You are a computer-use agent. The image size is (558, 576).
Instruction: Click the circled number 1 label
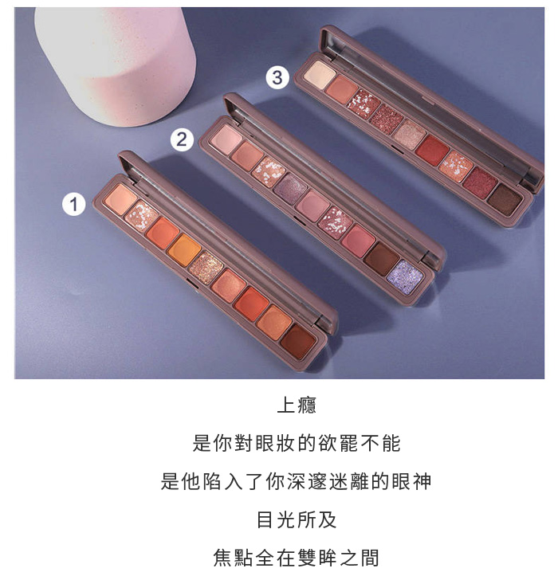coord(73,204)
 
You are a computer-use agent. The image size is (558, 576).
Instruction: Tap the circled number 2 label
coord(182,139)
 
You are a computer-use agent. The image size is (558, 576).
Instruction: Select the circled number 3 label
coord(277,77)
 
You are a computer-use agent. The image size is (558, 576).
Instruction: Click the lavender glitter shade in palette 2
coord(405,277)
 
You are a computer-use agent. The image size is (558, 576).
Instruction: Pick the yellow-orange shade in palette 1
coord(184,250)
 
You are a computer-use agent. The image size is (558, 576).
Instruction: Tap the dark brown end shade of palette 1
coord(298,341)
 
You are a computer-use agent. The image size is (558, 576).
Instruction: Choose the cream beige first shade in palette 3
coord(320,75)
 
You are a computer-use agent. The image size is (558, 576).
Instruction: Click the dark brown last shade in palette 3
coord(505,199)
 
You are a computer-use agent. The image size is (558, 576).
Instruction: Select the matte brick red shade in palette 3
coord(432,151)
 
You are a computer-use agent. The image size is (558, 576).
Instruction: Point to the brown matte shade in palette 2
coord(382,259)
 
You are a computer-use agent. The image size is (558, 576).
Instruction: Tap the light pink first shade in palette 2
coord(227,139)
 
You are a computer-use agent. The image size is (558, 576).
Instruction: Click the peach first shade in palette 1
coord(120,199)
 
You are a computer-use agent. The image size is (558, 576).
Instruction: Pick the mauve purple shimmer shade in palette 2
coord(290,189)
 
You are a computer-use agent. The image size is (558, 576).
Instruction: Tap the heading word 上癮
coord(297,406)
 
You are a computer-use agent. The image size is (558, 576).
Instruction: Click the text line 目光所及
coord(297,519)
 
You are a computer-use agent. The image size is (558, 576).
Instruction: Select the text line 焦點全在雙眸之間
coord(297,558)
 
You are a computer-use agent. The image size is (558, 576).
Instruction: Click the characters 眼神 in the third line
coord(411,481)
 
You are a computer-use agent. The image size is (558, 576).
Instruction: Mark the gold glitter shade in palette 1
coord(206,268)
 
